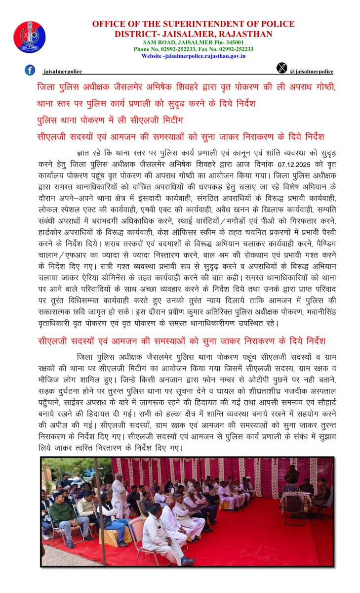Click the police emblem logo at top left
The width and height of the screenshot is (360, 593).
pyautogui.click(x=29, y=37)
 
